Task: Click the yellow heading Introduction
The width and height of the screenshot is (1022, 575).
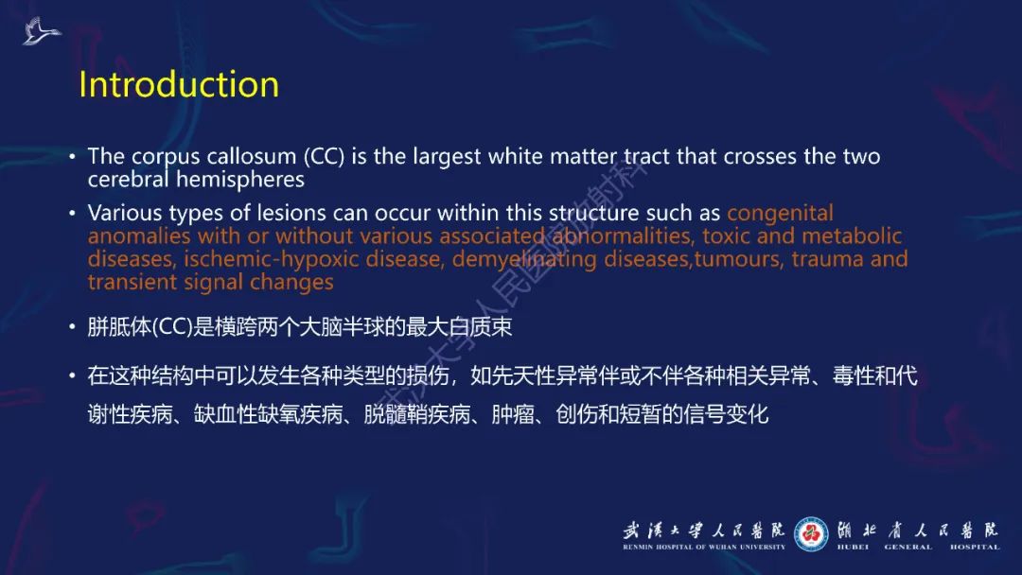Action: pyautogui.click(x=178, y=84)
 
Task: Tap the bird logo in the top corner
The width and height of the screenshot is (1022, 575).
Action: pyautogui.click(x=41, y=30)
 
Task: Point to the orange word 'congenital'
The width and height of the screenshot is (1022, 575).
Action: pyautogui.click(x=780, y=213)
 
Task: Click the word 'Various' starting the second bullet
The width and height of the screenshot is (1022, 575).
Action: pyautogui.click(x=124, y=213)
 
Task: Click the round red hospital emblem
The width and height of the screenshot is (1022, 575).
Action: pyautogui.click(x=811, y=534)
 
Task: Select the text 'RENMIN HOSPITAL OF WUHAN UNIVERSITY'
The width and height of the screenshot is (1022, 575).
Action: pyautogui.click(x=703, y=547)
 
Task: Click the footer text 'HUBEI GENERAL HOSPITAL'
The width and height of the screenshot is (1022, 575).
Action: pyautogui.click(x=917, y=547)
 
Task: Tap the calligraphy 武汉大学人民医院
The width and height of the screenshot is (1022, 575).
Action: pyautogui.click(x=703, y=530)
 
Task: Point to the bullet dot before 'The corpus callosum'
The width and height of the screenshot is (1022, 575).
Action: pyautogui.click(x=72, y=157)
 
